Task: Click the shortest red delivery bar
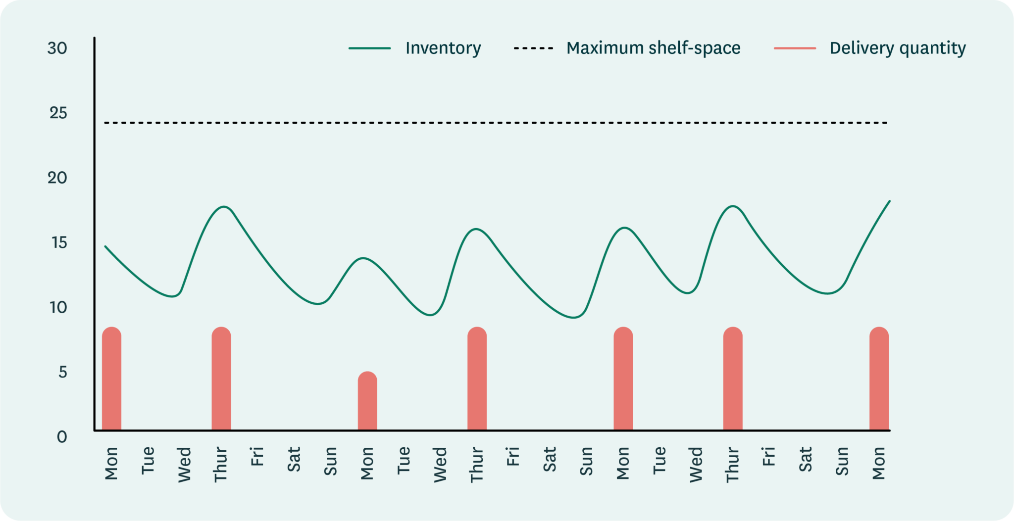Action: [367, 401]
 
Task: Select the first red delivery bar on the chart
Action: [111, 379]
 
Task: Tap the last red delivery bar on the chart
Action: [879, 379]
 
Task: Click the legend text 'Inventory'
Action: [443, 48]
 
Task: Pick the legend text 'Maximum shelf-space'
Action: [653, 48]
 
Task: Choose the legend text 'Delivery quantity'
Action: [897, 48]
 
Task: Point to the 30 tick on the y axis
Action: [57, 48]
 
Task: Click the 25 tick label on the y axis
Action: [58, 113]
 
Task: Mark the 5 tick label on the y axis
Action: [62, 372]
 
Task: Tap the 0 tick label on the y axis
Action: [62, 437]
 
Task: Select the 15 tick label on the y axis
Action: [58, 242]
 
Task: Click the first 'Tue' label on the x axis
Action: [148, 460]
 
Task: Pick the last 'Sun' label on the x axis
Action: [842, 461]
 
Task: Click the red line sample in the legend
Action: [795, 48]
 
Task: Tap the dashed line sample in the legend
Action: [533, 48]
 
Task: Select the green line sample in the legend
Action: [370, 48]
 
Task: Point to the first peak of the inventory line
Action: [224, 206]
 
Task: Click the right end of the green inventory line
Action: [889, 201]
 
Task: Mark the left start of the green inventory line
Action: [105, 246]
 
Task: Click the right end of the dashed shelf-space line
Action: [886, 122]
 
